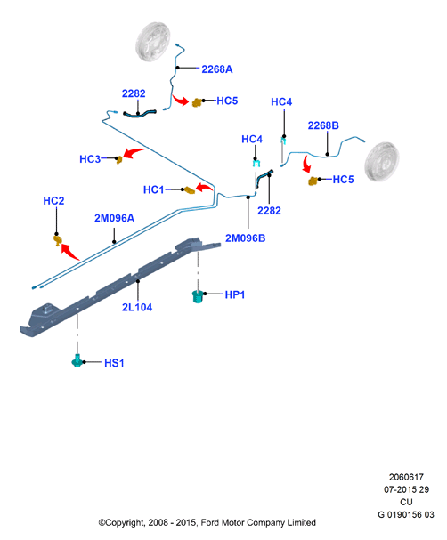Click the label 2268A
pos(216,69)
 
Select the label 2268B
pos(323,125)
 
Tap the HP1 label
pos(235,294)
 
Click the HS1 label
pos(114,363)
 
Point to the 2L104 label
pos(137,307)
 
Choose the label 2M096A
pos(114,218)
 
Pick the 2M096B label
pos(246,238)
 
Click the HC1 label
pos(154,189)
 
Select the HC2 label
pos(53,201)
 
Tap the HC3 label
pos(90,159)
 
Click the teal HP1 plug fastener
pos(197,296)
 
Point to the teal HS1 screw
pos(77,360)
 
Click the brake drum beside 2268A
pos(153,42)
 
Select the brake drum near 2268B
pos(382,162)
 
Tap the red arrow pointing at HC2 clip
pos(69,252)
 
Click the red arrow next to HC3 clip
pos(134,152)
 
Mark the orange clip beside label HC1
pos(189,190)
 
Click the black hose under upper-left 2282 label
pos(140,114)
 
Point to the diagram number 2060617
pos(406,478)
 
